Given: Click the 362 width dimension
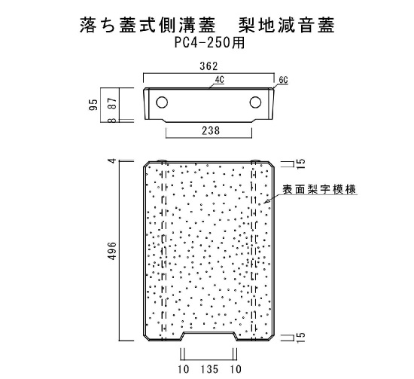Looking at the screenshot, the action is pyautogui.click(x=209, y=66).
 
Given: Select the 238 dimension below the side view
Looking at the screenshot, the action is pyautogui.click(x=211, y=130).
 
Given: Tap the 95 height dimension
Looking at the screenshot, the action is pyautogui.click(x=94, y=105).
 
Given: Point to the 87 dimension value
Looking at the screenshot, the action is pyautogui.click(x=112, y=103).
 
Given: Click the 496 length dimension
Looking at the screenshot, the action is pyautogui.click(x=112, y=251).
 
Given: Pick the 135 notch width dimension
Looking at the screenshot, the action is pyautogui.click(x=209, y=369).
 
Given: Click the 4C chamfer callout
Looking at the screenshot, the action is pyautogui.click(x=219, y=80).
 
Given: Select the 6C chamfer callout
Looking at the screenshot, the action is pyautogui.click(x=283, y=80).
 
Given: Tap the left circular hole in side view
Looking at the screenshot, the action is pyautogui.click(x=162, y=102).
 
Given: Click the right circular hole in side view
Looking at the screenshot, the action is pyautogui.click(x=255, y=102).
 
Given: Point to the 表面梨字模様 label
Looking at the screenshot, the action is pyautogui.click(x=319, y=190).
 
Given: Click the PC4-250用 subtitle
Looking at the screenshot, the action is pyautogui.click(x=210, y=42).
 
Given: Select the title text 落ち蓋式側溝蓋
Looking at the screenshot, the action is pyautogui.click(x=148, y=25).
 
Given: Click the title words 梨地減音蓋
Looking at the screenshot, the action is pyautogui.click(x=287, y=25).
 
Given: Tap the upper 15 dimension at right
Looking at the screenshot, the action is pyautogui.click(x=301, y=164).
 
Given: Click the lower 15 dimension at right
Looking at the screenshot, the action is pyautogui.click(x=301, y=338).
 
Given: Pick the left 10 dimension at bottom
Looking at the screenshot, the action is pyautogui.click(x=183, y=369).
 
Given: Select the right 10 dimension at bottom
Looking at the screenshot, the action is pyautogui.click(x=236, y=369).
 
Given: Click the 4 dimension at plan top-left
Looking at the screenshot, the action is pyautogui.click(x=113, y=160).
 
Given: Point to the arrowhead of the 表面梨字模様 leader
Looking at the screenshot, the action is pyautogui.click(x=265, y=202).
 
